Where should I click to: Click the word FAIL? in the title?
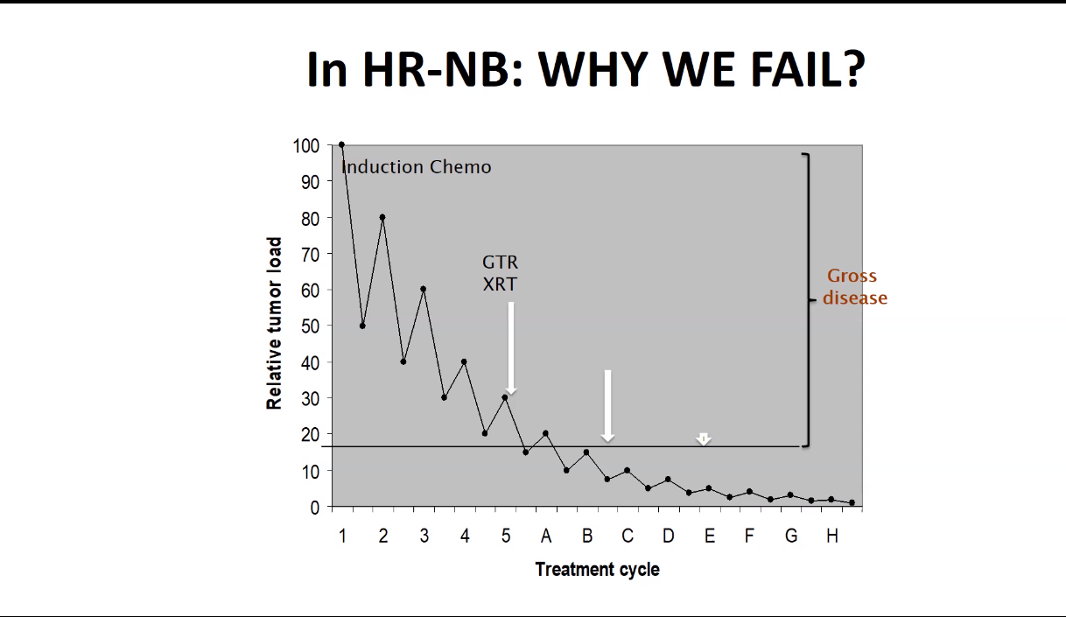coord(808,69)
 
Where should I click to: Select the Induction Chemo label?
coord(417,167)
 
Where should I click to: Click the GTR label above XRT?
coord(500,263)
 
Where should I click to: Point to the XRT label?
coord(500,284)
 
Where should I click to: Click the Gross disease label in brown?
coord(855,287)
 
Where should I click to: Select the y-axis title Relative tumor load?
coord(274,324)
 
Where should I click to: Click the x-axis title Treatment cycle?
coord(597,570)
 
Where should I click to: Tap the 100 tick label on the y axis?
coord(306,146)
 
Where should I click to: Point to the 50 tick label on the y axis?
coord(310,326)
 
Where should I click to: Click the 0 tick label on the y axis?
coord(314,508)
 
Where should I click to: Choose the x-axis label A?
coord(546,536)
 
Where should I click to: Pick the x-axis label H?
coord(831,536)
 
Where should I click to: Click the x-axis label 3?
coord(424,536)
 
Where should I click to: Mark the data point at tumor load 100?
coord(341,144)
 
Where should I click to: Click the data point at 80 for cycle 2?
coord(382,217)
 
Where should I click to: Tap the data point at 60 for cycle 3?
coord(424,289)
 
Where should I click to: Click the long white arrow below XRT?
coord(511,348)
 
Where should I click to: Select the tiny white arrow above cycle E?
coord(704,438)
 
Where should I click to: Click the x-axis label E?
coord(709,536)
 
